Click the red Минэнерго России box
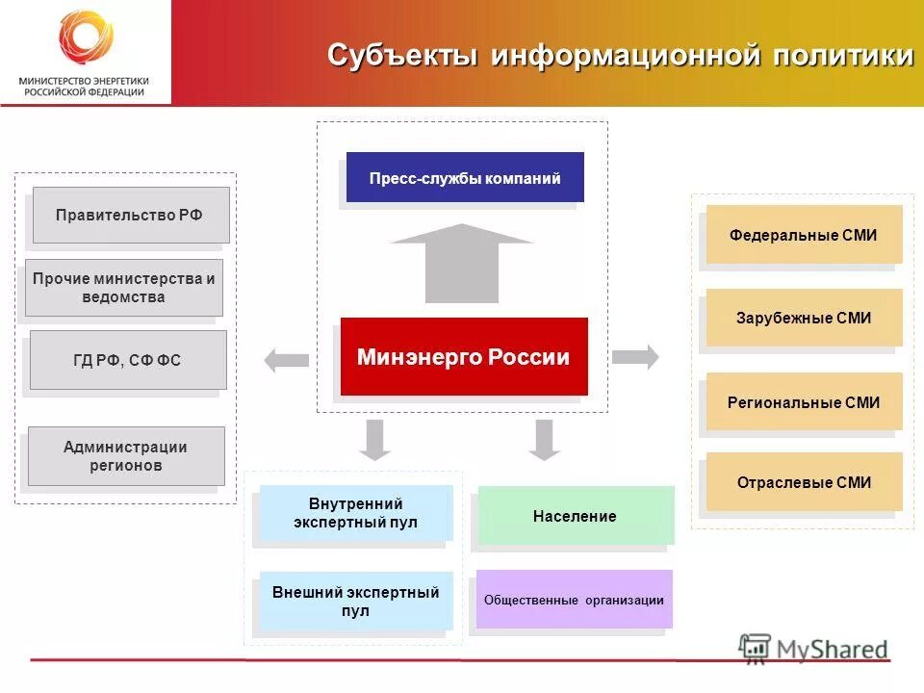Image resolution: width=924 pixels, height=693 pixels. (463, 357)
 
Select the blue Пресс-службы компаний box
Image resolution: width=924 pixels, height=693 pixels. (465, 178)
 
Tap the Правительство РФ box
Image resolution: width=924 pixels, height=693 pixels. (131, 215)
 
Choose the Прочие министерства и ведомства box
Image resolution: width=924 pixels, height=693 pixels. (124, 288)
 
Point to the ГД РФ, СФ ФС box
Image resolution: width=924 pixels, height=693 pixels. (128, 360)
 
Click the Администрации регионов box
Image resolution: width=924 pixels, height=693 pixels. (126, 456)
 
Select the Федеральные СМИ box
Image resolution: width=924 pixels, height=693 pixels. (804, 235)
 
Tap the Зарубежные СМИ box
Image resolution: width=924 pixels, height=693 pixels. (804, 318)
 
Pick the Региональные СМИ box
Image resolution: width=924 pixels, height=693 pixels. (804, 402)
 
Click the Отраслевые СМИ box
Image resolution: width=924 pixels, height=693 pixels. (804, 482)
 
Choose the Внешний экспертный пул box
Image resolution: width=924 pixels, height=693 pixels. (355, 602)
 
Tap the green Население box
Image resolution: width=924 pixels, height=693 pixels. (576, 516)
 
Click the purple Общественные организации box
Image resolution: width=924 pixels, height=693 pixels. (575, 600)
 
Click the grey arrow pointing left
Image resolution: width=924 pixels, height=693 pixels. (286, 361)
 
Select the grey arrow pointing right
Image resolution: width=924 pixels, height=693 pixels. (635, 356)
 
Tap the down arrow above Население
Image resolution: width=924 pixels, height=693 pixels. (545, 439)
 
